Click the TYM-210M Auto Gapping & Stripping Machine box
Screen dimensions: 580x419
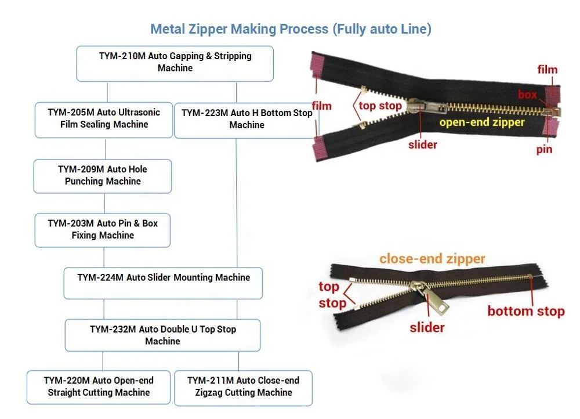175,63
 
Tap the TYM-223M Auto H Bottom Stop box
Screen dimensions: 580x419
246,120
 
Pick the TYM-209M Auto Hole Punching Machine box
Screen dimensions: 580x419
103,176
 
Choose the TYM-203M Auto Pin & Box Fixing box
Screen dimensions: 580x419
103,230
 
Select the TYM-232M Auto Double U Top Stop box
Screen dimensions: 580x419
163,335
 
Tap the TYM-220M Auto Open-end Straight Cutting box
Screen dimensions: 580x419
99,387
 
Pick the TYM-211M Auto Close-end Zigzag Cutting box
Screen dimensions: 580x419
243,387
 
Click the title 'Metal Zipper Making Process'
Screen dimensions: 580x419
291,29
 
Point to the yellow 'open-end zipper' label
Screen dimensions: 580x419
481,122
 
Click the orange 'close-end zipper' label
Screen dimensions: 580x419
432,259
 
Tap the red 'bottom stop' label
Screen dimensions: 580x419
525,312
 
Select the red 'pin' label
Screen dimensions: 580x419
544,150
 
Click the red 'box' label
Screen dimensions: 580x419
527,95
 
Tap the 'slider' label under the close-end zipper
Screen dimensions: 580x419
427,328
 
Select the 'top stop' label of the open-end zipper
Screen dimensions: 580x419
380,106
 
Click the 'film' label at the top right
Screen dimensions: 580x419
547,70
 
